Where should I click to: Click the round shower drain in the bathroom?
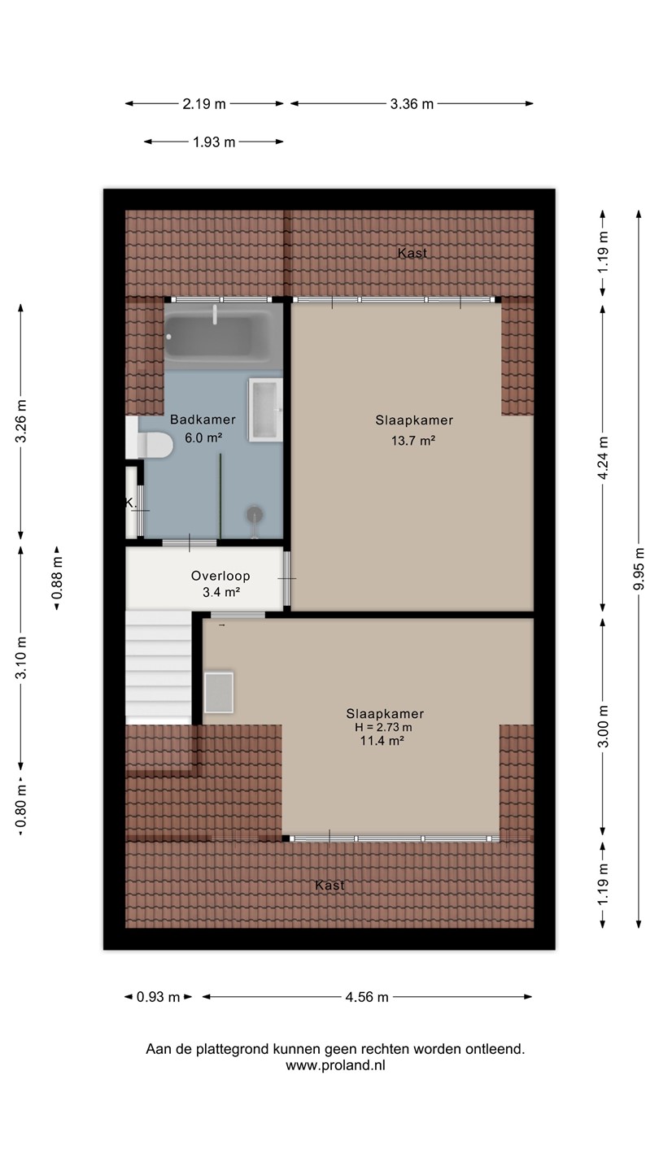click(x=255, y=515)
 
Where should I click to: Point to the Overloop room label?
click(x=220, y=576)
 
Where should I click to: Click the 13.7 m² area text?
click(x=413, y=440)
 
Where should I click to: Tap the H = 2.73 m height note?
click(x=383, y=727)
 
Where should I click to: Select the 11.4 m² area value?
click(x=382, y=740)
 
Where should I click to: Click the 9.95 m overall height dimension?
click(x=639, y=569)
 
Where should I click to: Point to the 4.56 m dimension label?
click(x=367, y=997)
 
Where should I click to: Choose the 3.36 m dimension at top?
click(x=412, y=104)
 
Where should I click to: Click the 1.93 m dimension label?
click(x=214, y=141)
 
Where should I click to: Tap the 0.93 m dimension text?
click(x=158, y=997)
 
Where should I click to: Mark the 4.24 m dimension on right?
click(x=603, y=458)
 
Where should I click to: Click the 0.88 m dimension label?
click(x=57, y=577)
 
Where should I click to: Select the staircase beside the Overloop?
click(x=159, y=668)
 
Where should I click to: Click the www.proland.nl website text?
click(x=335, y=1066)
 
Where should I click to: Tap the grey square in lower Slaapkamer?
click(x=219, y=693)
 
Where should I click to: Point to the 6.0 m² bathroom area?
click(x=203, y=437)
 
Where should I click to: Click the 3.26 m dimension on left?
click(x=21, y=421)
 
